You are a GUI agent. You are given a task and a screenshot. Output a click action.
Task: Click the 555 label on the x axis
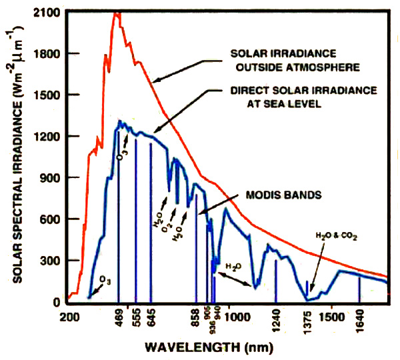137,318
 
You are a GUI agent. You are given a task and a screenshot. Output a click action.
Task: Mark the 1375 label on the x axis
307,318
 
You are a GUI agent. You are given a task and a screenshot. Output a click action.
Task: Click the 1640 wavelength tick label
360,318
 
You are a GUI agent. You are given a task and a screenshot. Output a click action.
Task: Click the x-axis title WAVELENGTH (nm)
229,346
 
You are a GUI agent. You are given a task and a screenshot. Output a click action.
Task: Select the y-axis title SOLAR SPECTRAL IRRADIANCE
11,160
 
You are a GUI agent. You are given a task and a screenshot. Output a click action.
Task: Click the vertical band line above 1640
360,289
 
